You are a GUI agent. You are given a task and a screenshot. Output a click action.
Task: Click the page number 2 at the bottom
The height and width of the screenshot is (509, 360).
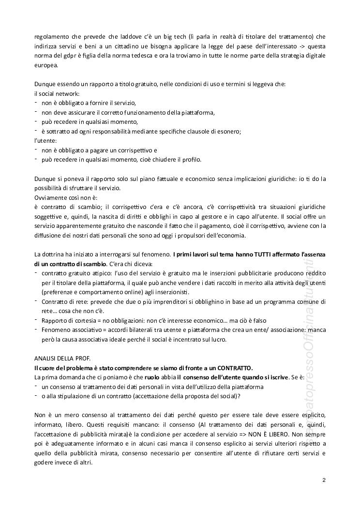tap(324, 480)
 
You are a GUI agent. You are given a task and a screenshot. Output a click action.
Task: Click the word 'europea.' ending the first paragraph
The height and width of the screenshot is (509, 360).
tap(45, 65)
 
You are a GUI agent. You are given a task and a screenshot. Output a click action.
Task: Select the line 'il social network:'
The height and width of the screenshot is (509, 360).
tap(57, 93)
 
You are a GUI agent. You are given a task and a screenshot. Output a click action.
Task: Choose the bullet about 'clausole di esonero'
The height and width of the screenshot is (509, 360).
tap(141, 131)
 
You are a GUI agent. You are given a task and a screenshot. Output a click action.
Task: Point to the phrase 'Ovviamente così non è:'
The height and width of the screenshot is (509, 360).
tap(65, 198)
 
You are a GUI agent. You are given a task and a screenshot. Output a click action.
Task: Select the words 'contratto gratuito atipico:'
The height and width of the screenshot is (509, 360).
tap(74, 273)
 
